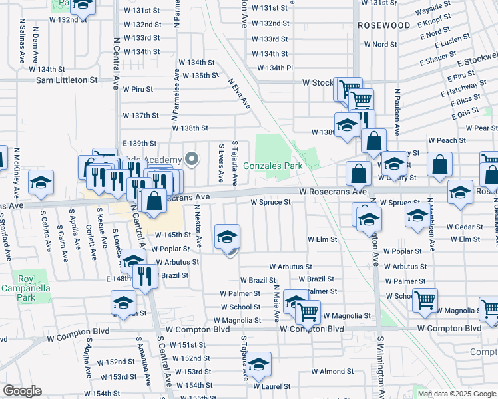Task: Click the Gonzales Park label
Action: [272, 166]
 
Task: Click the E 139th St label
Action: [139, 144]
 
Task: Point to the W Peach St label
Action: [447, 141]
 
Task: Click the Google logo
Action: [23, 391]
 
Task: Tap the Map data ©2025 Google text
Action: [456, 394]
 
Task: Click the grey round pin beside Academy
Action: [192, 159]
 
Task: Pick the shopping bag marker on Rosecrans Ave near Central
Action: [154, 200]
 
